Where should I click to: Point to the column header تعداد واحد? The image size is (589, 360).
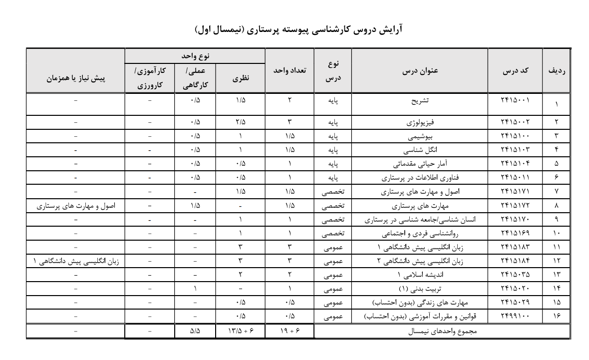290,71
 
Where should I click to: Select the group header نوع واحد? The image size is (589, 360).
195,56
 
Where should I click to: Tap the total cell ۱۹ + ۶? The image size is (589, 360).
290,331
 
